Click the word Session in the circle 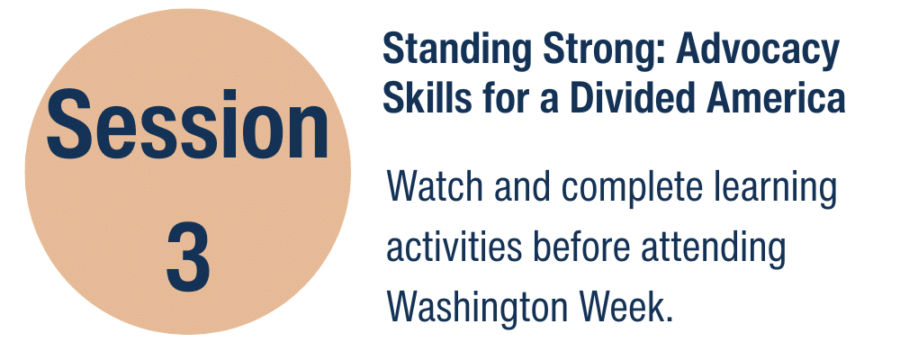point(188,124)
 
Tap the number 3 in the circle point(188,256)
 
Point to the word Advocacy point(758,51)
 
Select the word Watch point(436,186)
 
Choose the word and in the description point(522,186)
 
